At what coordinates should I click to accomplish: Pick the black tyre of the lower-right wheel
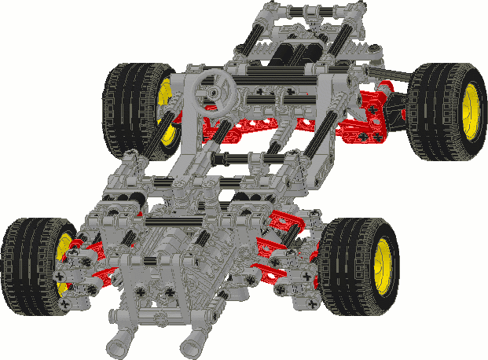coord(346,267)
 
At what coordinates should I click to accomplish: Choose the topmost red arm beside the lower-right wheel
coord(287,224)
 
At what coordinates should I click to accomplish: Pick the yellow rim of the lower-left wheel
coord(64,263)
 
